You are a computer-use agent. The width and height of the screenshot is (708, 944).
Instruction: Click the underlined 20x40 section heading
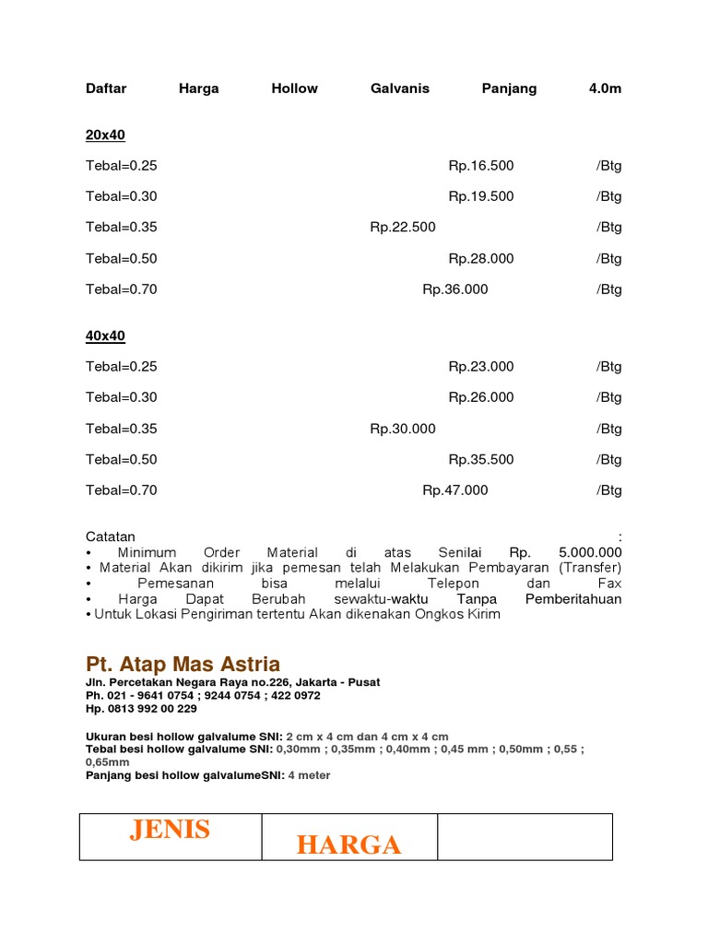tap(105, 136)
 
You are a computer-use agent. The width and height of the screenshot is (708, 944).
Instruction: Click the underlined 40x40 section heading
tap(105, 336)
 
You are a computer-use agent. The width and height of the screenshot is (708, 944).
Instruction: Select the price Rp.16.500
tap(481, 166)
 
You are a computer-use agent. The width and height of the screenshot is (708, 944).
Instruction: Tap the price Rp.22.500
tap(403, 227)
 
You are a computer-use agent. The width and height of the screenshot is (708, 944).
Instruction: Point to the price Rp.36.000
tap(455, 289)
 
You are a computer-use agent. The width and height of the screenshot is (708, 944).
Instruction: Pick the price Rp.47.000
tap(455, 490)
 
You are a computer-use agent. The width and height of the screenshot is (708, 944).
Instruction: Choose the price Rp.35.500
tap(481, 459)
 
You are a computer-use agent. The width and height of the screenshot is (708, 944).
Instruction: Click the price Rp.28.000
tap(481, 258)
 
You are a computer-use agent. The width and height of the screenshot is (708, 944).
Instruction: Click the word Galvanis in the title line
tap(400, 88)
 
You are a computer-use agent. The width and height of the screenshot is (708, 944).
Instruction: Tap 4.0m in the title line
tap(606, 88)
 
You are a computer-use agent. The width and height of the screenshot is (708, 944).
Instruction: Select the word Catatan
tap(111, 537)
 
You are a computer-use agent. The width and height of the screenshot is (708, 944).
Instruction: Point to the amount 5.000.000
tap(590, 552)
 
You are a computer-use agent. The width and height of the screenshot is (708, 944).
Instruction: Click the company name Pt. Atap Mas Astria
tap(183, 665)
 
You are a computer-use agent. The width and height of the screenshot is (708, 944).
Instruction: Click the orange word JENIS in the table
tap(170, 830)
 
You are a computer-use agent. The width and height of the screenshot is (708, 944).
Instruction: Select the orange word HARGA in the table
tap(348, 844)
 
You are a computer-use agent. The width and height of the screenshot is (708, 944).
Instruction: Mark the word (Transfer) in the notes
tap(590, 568)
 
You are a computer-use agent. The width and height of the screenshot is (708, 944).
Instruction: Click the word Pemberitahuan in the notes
tap(573, 599)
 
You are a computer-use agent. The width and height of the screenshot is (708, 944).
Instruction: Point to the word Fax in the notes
tap(610, 584)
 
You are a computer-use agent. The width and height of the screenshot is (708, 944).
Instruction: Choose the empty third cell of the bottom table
tap(525, 837)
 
